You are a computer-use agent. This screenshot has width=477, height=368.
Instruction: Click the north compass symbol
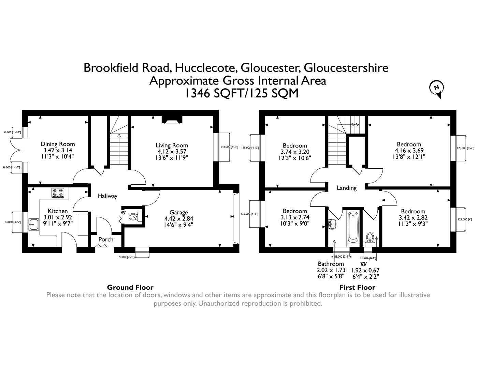point(436,88)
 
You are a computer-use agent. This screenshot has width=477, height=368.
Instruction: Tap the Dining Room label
point(58,144)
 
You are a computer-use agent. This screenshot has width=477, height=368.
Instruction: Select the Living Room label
point(172,145)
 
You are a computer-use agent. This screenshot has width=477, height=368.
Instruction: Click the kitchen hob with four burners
point(58,193)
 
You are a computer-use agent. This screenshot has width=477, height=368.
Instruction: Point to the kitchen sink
point(33,223)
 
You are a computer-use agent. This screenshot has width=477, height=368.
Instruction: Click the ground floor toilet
point(134,216)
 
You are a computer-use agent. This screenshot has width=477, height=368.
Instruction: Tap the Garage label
point(179,212)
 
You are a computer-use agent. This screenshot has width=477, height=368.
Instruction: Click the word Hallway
point(107,196)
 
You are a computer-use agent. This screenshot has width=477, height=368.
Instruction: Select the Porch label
point(106,240)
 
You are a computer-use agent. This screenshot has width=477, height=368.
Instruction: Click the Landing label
point(347,188)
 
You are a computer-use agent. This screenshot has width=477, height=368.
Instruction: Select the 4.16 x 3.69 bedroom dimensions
point(409,150)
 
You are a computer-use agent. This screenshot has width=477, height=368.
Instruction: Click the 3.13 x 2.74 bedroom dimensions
point(294,217)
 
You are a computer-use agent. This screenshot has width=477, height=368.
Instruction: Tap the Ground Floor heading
point(130,287)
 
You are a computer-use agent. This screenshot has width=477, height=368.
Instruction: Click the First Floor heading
point(357,287)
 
